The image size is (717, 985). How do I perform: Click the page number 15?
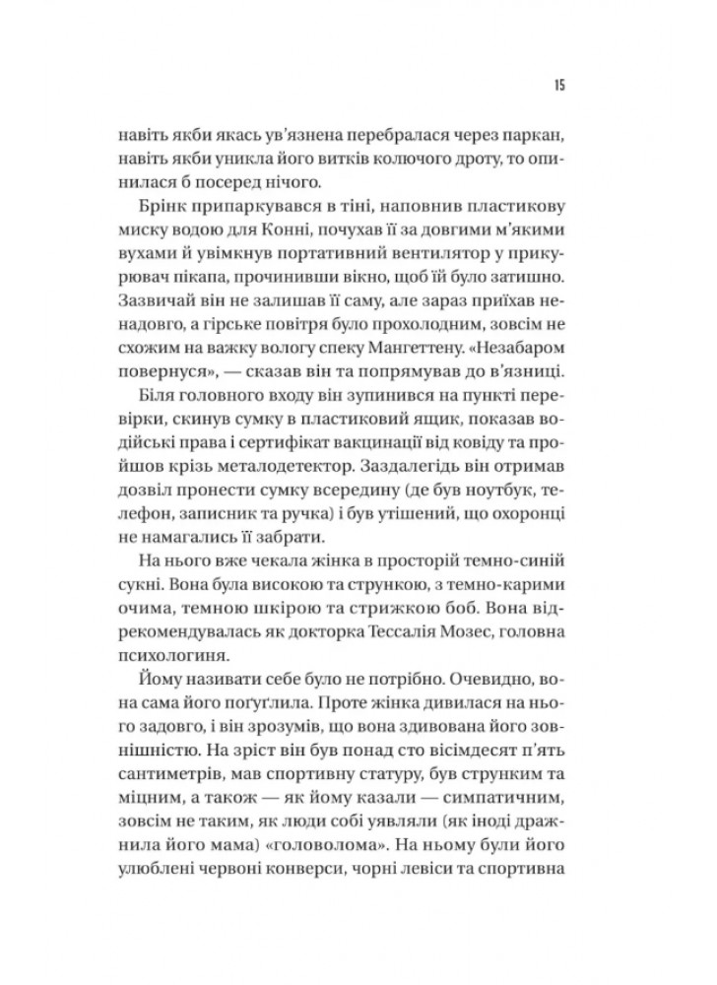557,85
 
